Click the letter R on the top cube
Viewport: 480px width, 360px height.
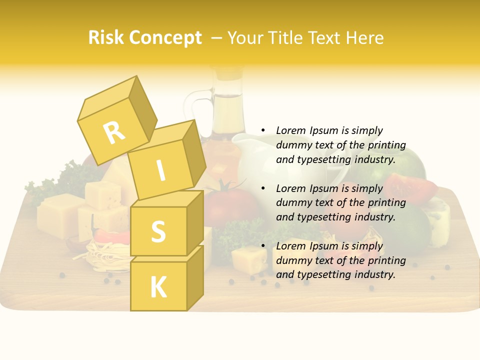114,133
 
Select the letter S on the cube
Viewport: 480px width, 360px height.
158,231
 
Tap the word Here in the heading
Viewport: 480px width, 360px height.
363,38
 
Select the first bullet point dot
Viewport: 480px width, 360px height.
262,130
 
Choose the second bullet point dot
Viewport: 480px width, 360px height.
262,188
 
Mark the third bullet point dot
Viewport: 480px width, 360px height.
262,246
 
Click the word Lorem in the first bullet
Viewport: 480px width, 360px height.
290,130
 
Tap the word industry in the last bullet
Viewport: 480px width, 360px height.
374,274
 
